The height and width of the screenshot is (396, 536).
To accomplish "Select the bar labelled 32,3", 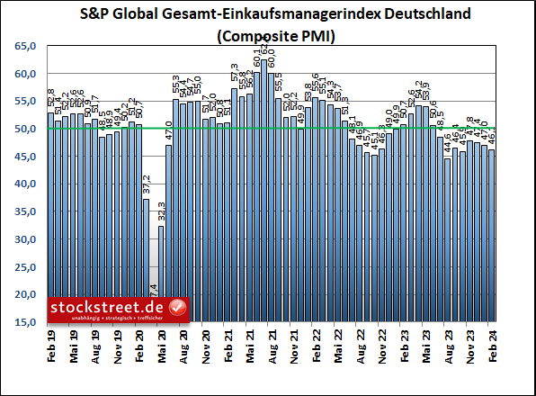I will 162,274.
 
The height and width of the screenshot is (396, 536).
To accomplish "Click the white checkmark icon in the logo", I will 177,308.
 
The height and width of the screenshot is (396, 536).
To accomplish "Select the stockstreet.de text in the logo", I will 108,307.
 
